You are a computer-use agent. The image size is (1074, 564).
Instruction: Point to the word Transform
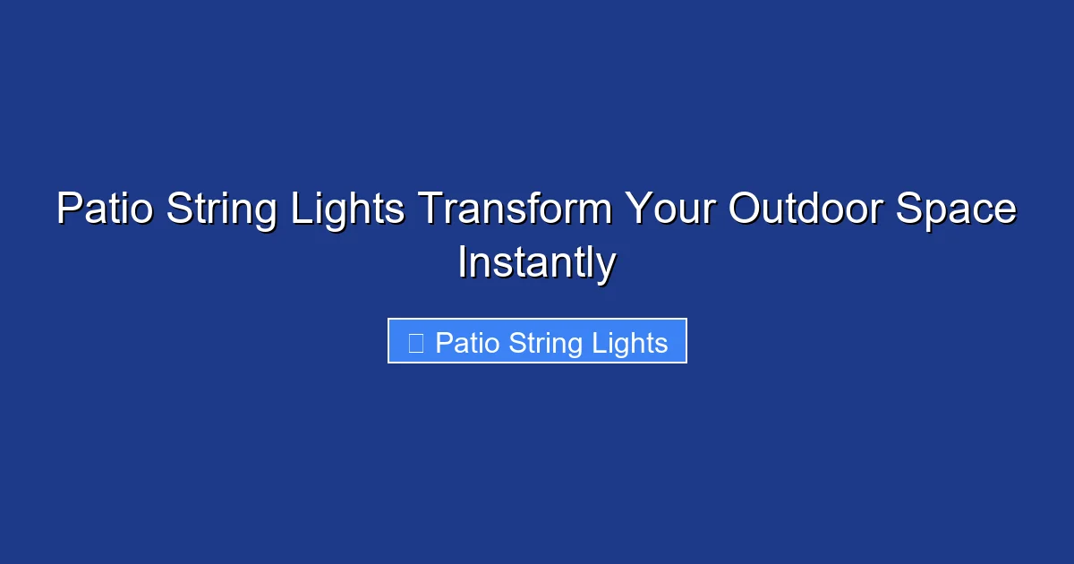pyautogui.click(x=516, y=210)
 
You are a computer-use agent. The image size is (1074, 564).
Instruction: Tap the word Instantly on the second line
pyautogui.click(x=536, y=263)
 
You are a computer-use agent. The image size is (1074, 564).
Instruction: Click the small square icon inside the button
pyautogui.click(x=415, y=343)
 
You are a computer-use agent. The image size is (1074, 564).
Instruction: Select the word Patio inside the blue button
pyautogui.click(x=467, y=343)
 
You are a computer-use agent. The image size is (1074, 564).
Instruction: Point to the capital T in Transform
pyautogui.click(x=429, y=210)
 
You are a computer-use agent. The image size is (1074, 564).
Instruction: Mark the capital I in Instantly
pyautogui.click(x=462, y=263)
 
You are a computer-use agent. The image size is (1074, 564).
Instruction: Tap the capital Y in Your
pyautogui.click(x=637, y=210)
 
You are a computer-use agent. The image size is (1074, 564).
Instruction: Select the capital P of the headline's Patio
pyautogui.click(x=66, y=210)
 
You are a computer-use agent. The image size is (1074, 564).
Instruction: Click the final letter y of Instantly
pyautogui.click(x=607, y=267)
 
